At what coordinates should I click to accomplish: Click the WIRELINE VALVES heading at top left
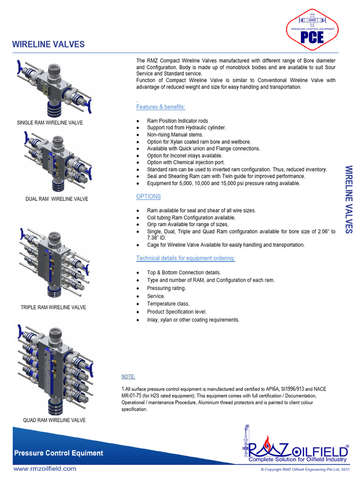(x=48, y=45)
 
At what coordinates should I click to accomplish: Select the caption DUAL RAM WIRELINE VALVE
(x=57, y=199)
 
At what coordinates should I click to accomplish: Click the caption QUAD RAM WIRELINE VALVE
(x=54, y=420)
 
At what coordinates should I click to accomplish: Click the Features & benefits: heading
(x=160, y=107)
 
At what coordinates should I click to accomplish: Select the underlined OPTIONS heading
(x=148, y=196)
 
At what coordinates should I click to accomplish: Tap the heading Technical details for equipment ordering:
(x=186, y=258)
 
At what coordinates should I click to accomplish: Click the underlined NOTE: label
(x=128, y=377)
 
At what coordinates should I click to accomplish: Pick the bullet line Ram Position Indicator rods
(x=177, y=121)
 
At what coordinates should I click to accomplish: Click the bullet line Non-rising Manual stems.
(x=175, y=135)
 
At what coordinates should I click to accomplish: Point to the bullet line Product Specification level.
(x=177, y=312)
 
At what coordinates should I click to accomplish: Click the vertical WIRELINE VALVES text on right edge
(x=348, y=199)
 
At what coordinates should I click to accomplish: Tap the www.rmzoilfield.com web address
(x=45, y=468)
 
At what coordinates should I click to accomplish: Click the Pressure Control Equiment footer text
(x=59, y=453)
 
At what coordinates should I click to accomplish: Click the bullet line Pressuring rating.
(x=166, y=288)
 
